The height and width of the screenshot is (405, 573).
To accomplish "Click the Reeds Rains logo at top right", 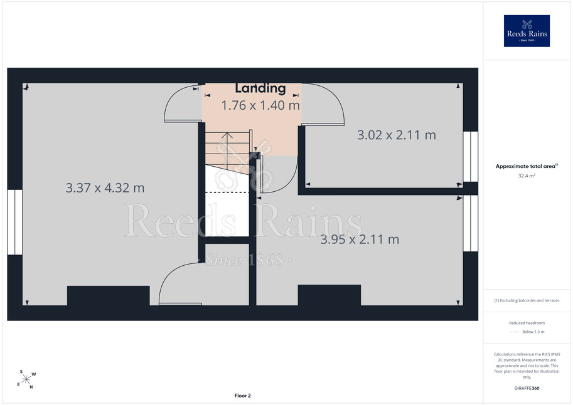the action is point(527,31).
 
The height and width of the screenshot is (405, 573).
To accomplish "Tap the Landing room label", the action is point(260,88).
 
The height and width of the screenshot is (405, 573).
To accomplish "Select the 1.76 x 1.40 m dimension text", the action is point(260,105).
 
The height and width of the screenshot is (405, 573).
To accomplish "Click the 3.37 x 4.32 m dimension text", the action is point(105,187).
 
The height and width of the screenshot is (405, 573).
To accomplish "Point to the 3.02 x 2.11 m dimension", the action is point(397,135).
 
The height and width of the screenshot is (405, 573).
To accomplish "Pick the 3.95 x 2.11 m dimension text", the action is point(360,239).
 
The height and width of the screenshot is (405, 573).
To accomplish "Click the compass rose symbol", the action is point(26,379).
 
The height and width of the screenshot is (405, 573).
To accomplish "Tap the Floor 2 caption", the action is point(243,396).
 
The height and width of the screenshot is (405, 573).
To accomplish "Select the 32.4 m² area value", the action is point(527,176).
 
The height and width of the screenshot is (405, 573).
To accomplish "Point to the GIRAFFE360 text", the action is point(527,388).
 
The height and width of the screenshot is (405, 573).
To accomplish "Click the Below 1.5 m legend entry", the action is point(533,332).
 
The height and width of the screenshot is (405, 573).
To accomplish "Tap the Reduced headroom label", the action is point(527,323).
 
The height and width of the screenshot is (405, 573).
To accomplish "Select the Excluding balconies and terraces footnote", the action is point(527,300).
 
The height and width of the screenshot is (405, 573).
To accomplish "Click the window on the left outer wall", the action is point(14,222).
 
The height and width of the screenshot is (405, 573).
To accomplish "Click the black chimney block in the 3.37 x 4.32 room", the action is point(108,295).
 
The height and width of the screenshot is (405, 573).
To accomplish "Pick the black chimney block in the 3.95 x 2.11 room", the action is point(329,295).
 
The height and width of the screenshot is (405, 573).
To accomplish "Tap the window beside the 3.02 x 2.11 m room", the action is point(470,157).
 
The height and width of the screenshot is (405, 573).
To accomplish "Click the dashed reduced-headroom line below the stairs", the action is point(227,192).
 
